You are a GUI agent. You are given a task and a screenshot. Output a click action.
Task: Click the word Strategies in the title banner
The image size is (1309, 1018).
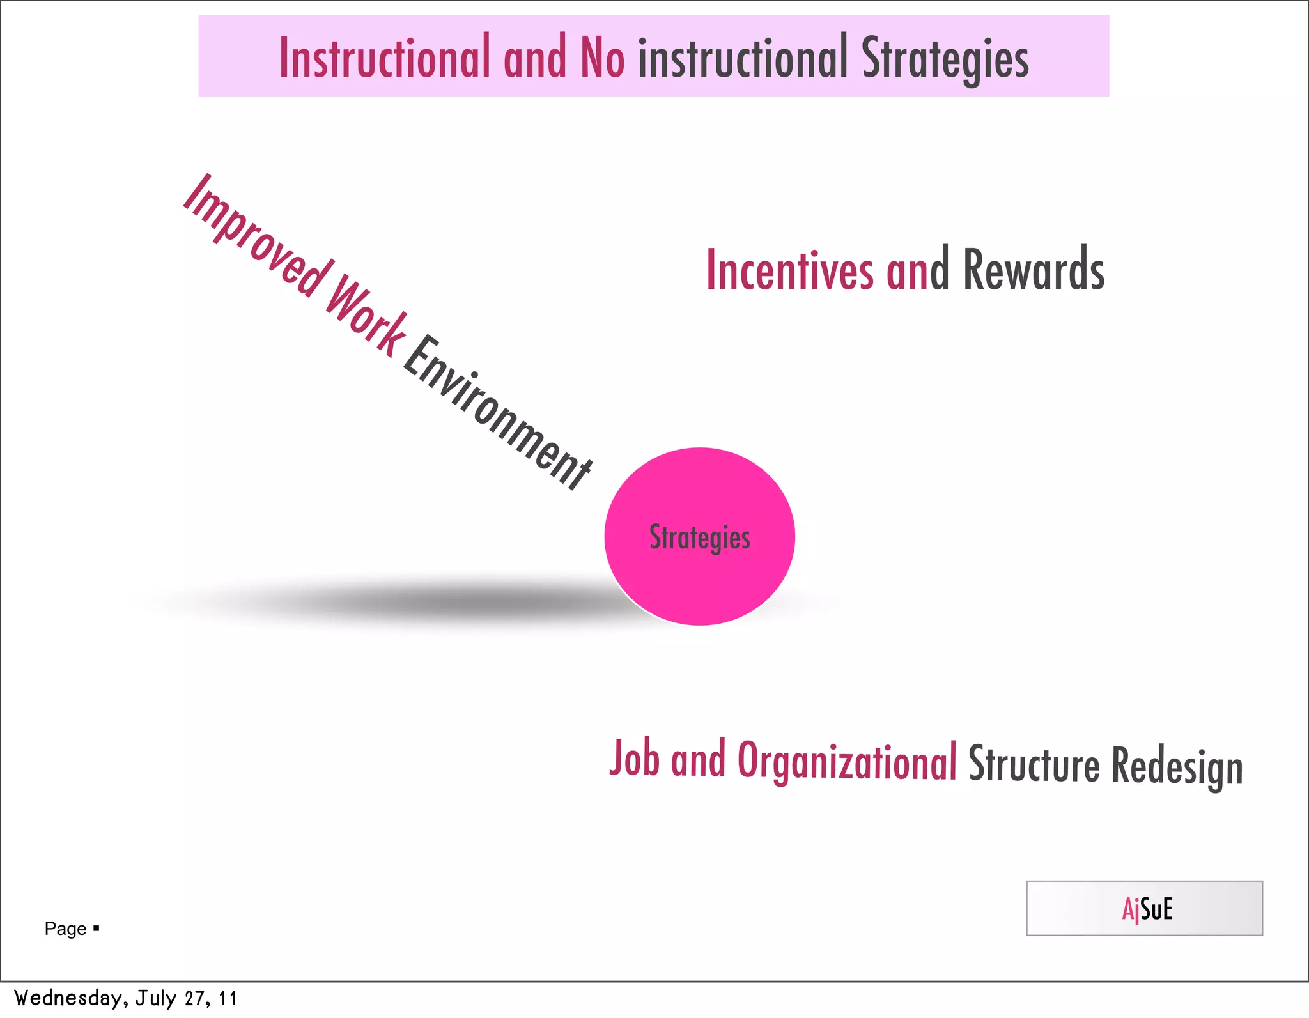click(x=945, y=59)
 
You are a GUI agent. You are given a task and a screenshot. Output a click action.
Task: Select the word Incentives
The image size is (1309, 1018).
click(x=789, y=270)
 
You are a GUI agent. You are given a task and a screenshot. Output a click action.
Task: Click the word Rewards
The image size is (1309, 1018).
click(x=1034, y=270)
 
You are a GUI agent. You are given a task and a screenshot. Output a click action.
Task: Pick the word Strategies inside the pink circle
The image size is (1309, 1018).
click(x=700, y=537)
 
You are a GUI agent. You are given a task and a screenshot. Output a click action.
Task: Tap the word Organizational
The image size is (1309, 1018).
click(x=847, y=762)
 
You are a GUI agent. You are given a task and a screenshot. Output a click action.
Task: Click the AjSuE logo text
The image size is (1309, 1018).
click(x=1147, y=909)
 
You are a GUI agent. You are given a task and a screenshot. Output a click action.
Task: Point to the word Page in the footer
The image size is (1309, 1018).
click(x=65, y=929)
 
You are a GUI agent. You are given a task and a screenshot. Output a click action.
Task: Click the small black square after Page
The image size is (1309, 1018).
click(x=97, y=927)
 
